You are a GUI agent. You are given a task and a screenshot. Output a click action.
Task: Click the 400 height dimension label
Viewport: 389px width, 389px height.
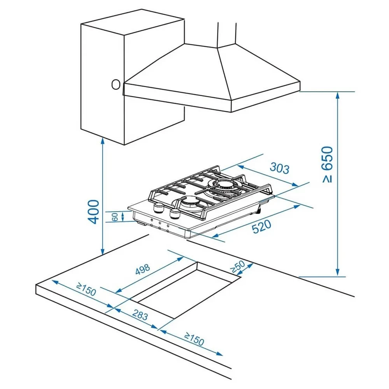coord(93,212)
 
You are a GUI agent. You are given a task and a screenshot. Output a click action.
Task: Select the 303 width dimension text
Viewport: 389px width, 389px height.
coord(280,168)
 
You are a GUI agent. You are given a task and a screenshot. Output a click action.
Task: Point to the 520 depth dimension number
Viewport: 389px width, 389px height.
coord(261,227)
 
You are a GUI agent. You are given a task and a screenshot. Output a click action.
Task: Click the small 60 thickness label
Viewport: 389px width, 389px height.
coord(115,217)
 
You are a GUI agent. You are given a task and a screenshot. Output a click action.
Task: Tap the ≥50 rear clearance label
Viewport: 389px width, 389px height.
coord(237,266)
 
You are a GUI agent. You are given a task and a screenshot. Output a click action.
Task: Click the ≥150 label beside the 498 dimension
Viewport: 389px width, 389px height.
coord(86,289)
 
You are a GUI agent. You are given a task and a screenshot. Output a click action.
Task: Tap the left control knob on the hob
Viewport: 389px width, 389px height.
coord(158,209)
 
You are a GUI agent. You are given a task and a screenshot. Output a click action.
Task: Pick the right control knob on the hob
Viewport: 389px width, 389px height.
coord(175,214)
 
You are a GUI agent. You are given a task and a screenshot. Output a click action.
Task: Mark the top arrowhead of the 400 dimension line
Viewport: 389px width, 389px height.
coord(102,142)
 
